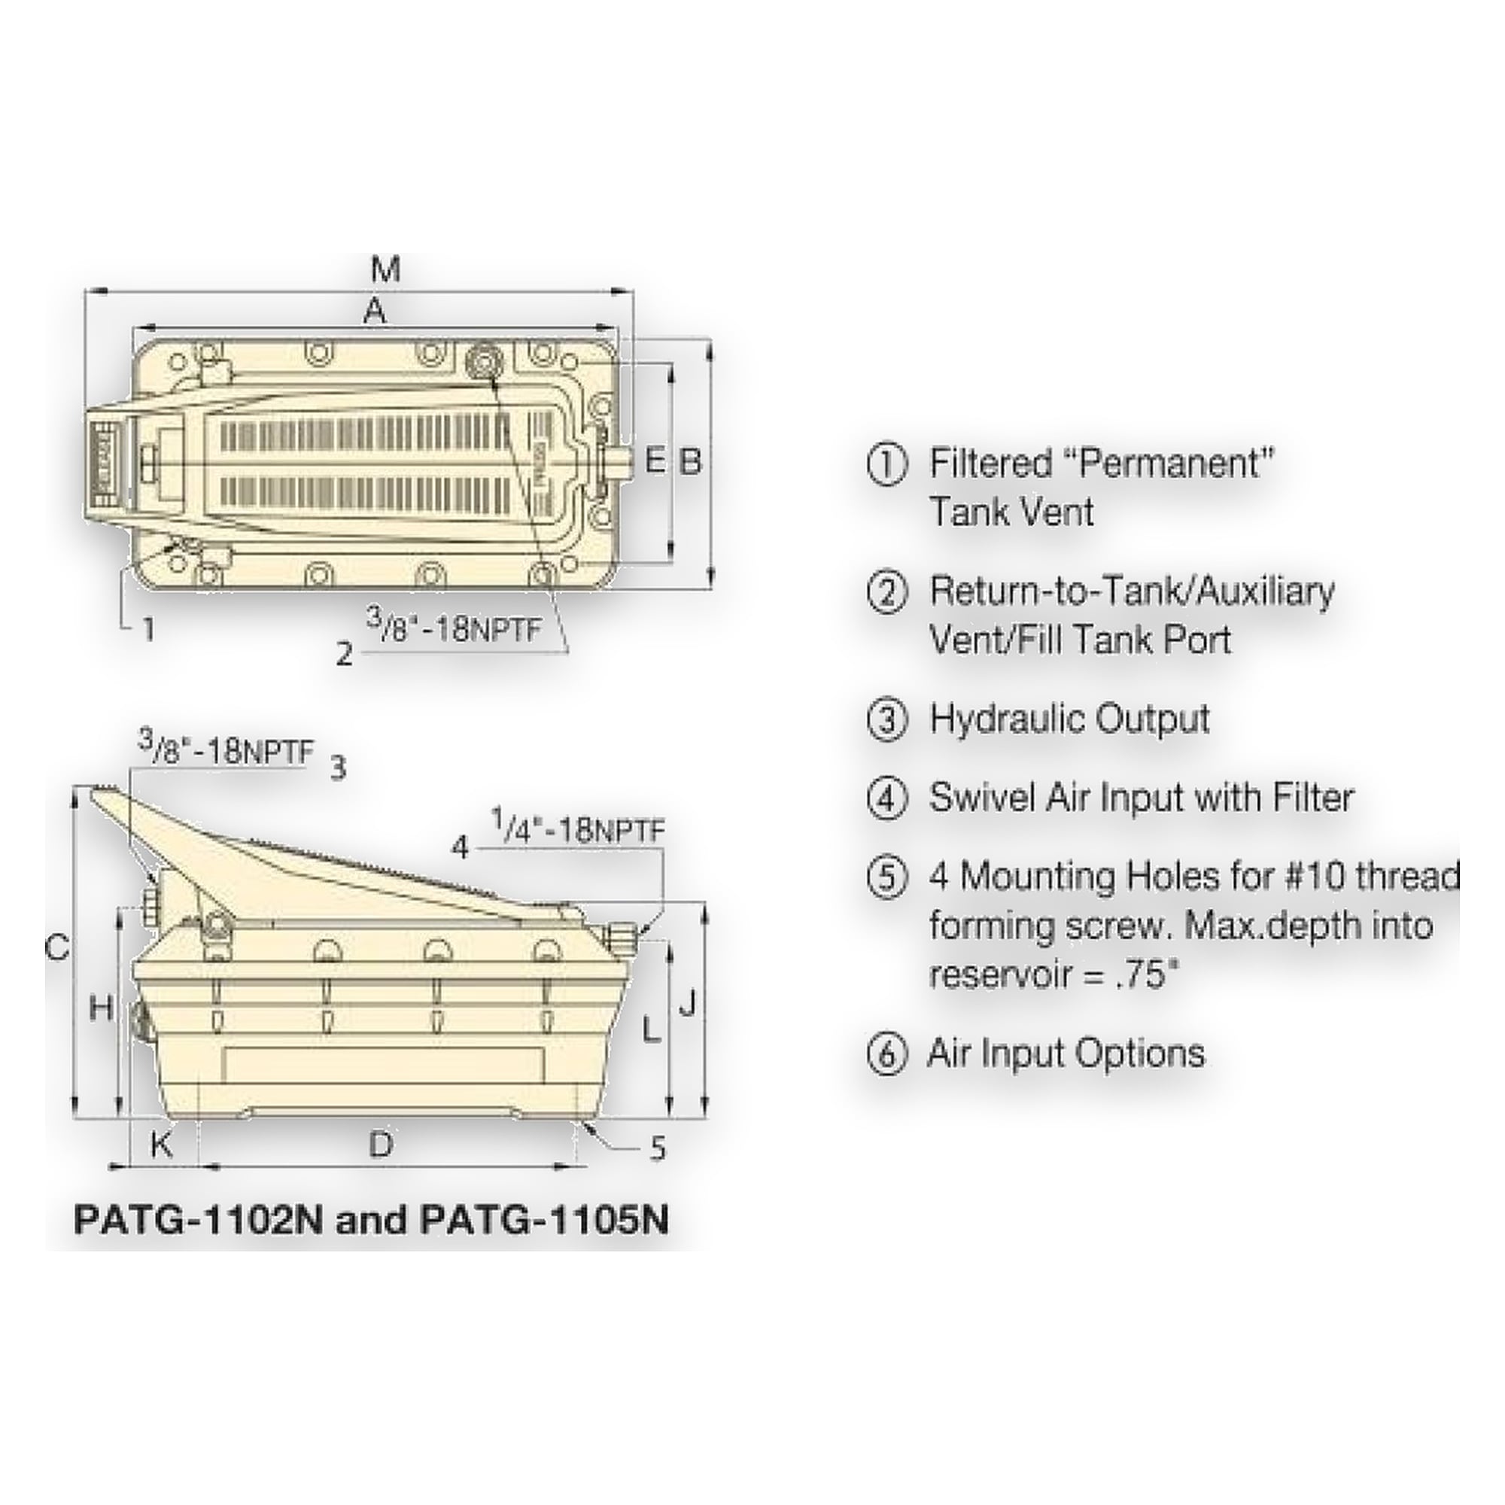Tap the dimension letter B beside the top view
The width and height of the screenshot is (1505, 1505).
point(691,462)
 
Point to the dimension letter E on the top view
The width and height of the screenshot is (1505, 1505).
point(656,462)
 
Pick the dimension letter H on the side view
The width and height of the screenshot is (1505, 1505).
point(102,1010)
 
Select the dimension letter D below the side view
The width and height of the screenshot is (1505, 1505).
point(380,1145)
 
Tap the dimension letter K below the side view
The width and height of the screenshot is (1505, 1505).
point(161,1145)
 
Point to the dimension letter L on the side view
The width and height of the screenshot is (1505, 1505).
point(650,1032)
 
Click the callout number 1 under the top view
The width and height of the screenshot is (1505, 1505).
point(148,628)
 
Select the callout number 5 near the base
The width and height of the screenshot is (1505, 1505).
point(658,1148)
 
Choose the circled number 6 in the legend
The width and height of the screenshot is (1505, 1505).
point(887,1056)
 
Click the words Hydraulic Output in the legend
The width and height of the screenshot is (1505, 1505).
point(1069,719)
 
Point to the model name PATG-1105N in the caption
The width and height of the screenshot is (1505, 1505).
point(545,1219)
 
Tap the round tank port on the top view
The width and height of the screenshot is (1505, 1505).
point(484,361)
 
